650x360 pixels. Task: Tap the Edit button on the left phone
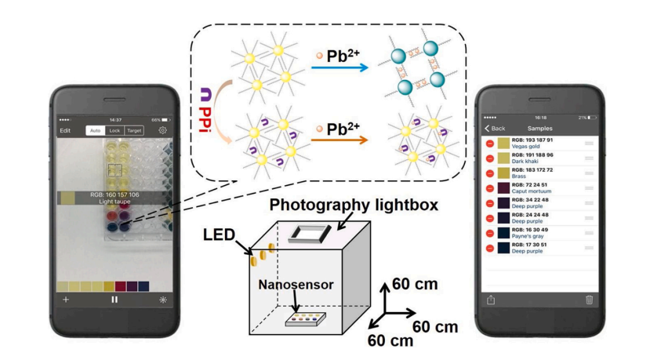click(66, 131)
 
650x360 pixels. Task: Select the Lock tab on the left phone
click(114, 131)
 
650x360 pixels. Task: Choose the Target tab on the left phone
click(134, 131)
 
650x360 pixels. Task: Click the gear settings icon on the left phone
click(163, 131)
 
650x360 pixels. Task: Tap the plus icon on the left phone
click(66, 299)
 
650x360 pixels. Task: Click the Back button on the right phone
click(495, 128)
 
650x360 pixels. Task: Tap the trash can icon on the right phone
click(589, 299)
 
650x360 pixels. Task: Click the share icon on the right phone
click(491, 299)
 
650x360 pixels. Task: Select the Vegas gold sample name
click(527, 147)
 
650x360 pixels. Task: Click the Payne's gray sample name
click(529, 236)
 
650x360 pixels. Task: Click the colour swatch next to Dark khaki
click(503, 158)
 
